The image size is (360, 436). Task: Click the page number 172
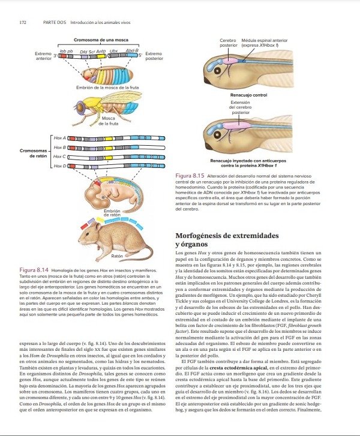point(23,22)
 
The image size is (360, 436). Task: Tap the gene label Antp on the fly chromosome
point(101,52)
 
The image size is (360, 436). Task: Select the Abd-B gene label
point(133,51)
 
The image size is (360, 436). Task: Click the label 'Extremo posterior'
point(154,56)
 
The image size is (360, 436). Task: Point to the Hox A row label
point(59,138)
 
